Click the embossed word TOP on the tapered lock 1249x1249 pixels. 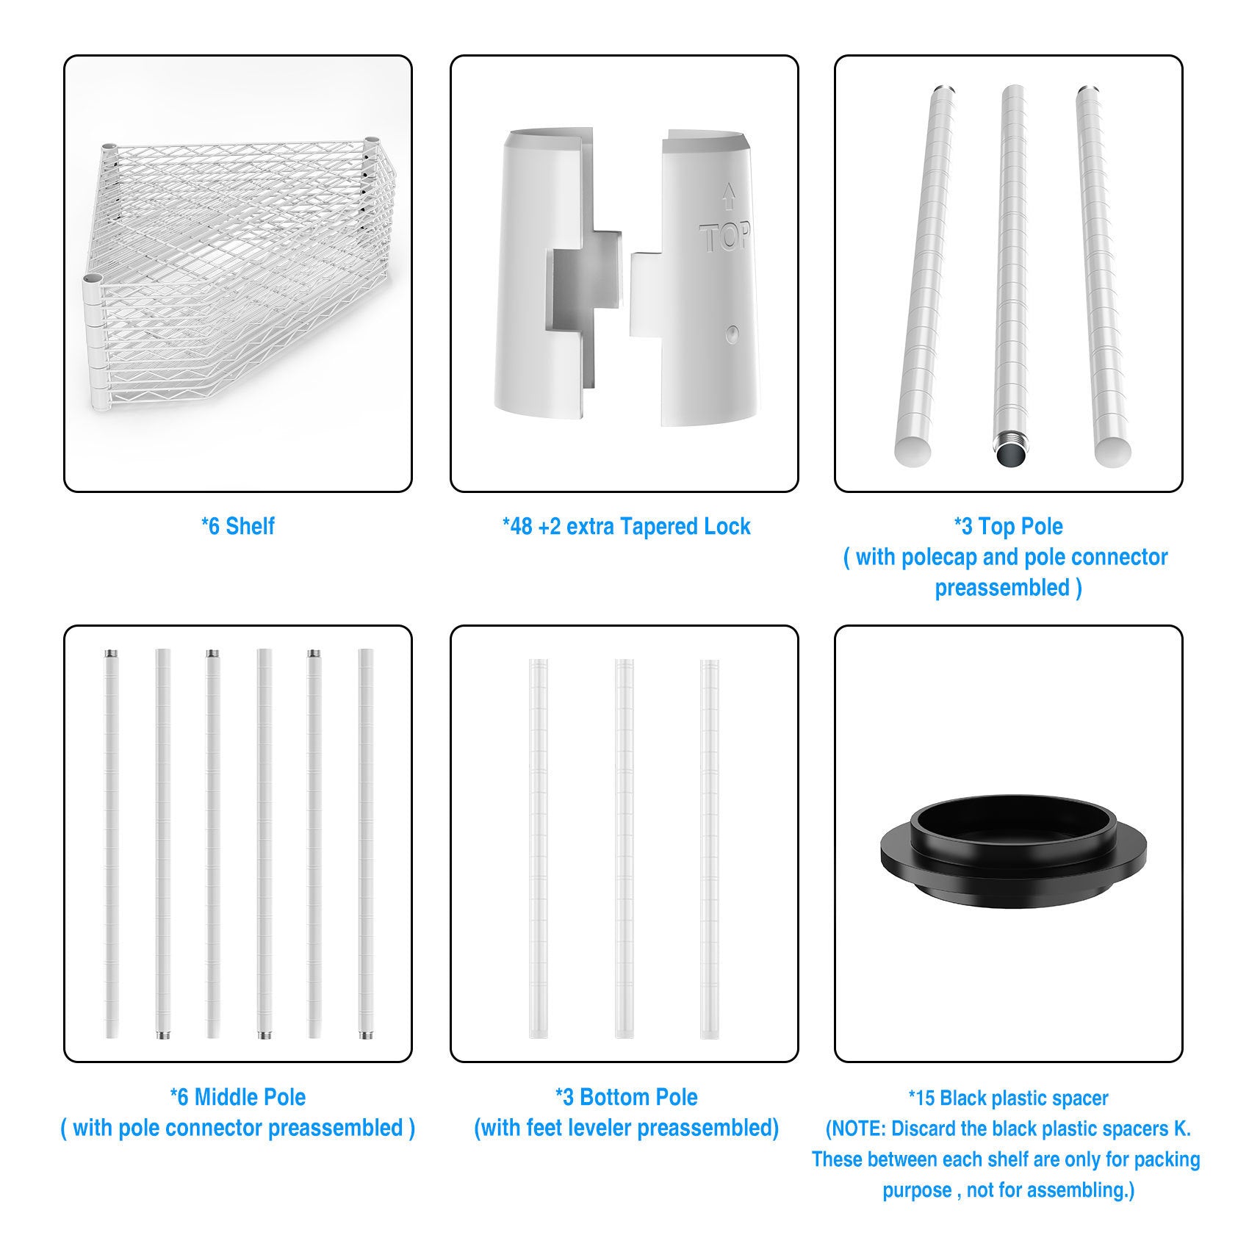[724, 238]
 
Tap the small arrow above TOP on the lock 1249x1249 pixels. [729, 196]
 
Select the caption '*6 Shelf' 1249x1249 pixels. [238, 526]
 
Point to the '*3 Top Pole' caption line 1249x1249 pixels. [1008, 526]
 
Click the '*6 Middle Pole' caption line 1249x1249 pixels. [237, 1097]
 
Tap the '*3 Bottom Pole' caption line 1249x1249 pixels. [626, 1097]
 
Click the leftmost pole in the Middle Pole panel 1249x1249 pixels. [112, 843]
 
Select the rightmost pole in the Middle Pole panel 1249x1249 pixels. [365, 843]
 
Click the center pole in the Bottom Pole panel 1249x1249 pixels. [624, 849]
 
